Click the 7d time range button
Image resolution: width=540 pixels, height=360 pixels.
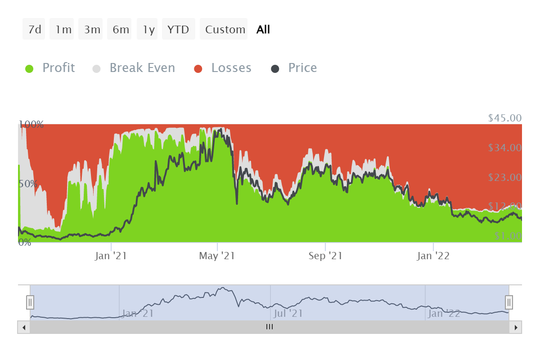[34, 30]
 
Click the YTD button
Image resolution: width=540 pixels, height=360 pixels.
[179, 30]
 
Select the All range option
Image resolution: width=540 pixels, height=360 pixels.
[263, 30]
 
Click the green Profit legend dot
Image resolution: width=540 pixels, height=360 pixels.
[29, 69]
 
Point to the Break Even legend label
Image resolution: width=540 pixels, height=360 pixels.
[142, 68]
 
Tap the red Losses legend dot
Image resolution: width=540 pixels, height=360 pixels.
[198, 69]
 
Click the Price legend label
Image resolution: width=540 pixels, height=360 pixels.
[302, 68]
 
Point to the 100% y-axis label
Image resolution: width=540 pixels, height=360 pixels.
[31, 124]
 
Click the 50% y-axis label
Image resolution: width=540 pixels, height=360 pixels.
[28, 184]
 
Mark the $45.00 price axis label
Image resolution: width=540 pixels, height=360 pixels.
[504, 118]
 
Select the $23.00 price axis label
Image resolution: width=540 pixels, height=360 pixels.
[504, 177]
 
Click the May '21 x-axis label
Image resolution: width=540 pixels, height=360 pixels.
[217, 256]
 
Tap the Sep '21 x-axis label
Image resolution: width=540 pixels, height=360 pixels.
[325, 256]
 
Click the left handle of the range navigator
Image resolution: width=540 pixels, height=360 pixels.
[30, 302]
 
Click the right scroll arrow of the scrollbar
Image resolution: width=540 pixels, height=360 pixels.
[516, 327]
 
